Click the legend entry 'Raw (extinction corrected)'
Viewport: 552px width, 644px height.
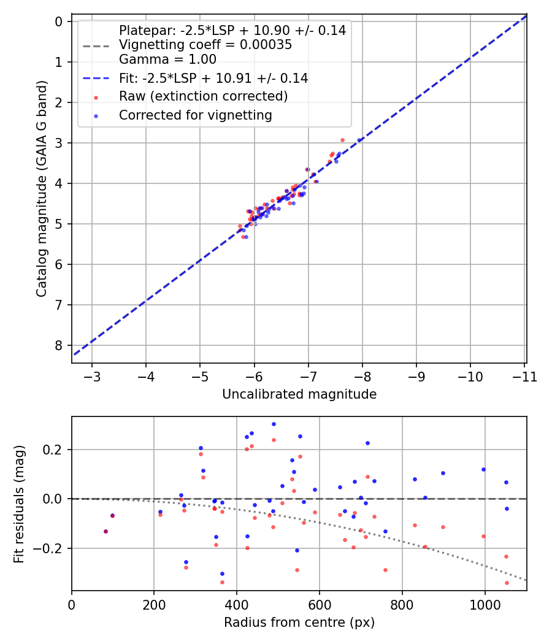(203, 96)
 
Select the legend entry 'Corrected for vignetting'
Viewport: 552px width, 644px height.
(195, 115)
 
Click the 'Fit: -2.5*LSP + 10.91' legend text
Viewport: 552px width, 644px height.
(213, 78)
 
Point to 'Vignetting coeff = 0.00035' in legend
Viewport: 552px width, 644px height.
(205, 45)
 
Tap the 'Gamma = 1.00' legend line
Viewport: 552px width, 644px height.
(167, 59)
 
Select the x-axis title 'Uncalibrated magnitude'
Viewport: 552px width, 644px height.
(299, 394)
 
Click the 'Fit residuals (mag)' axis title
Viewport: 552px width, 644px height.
(20, 504)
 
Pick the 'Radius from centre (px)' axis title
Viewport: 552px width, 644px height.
(299, 623)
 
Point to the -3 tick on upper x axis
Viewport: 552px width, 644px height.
(92, 376)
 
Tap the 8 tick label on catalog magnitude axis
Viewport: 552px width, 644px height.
(59, 345)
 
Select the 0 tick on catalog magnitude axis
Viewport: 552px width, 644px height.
(59, 21)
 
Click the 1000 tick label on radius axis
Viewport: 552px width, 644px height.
(485, 604)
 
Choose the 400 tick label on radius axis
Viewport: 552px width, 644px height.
(236, 604)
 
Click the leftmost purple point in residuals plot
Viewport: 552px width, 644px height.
(105, 531)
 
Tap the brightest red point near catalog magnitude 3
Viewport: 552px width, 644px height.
(342, 140)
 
